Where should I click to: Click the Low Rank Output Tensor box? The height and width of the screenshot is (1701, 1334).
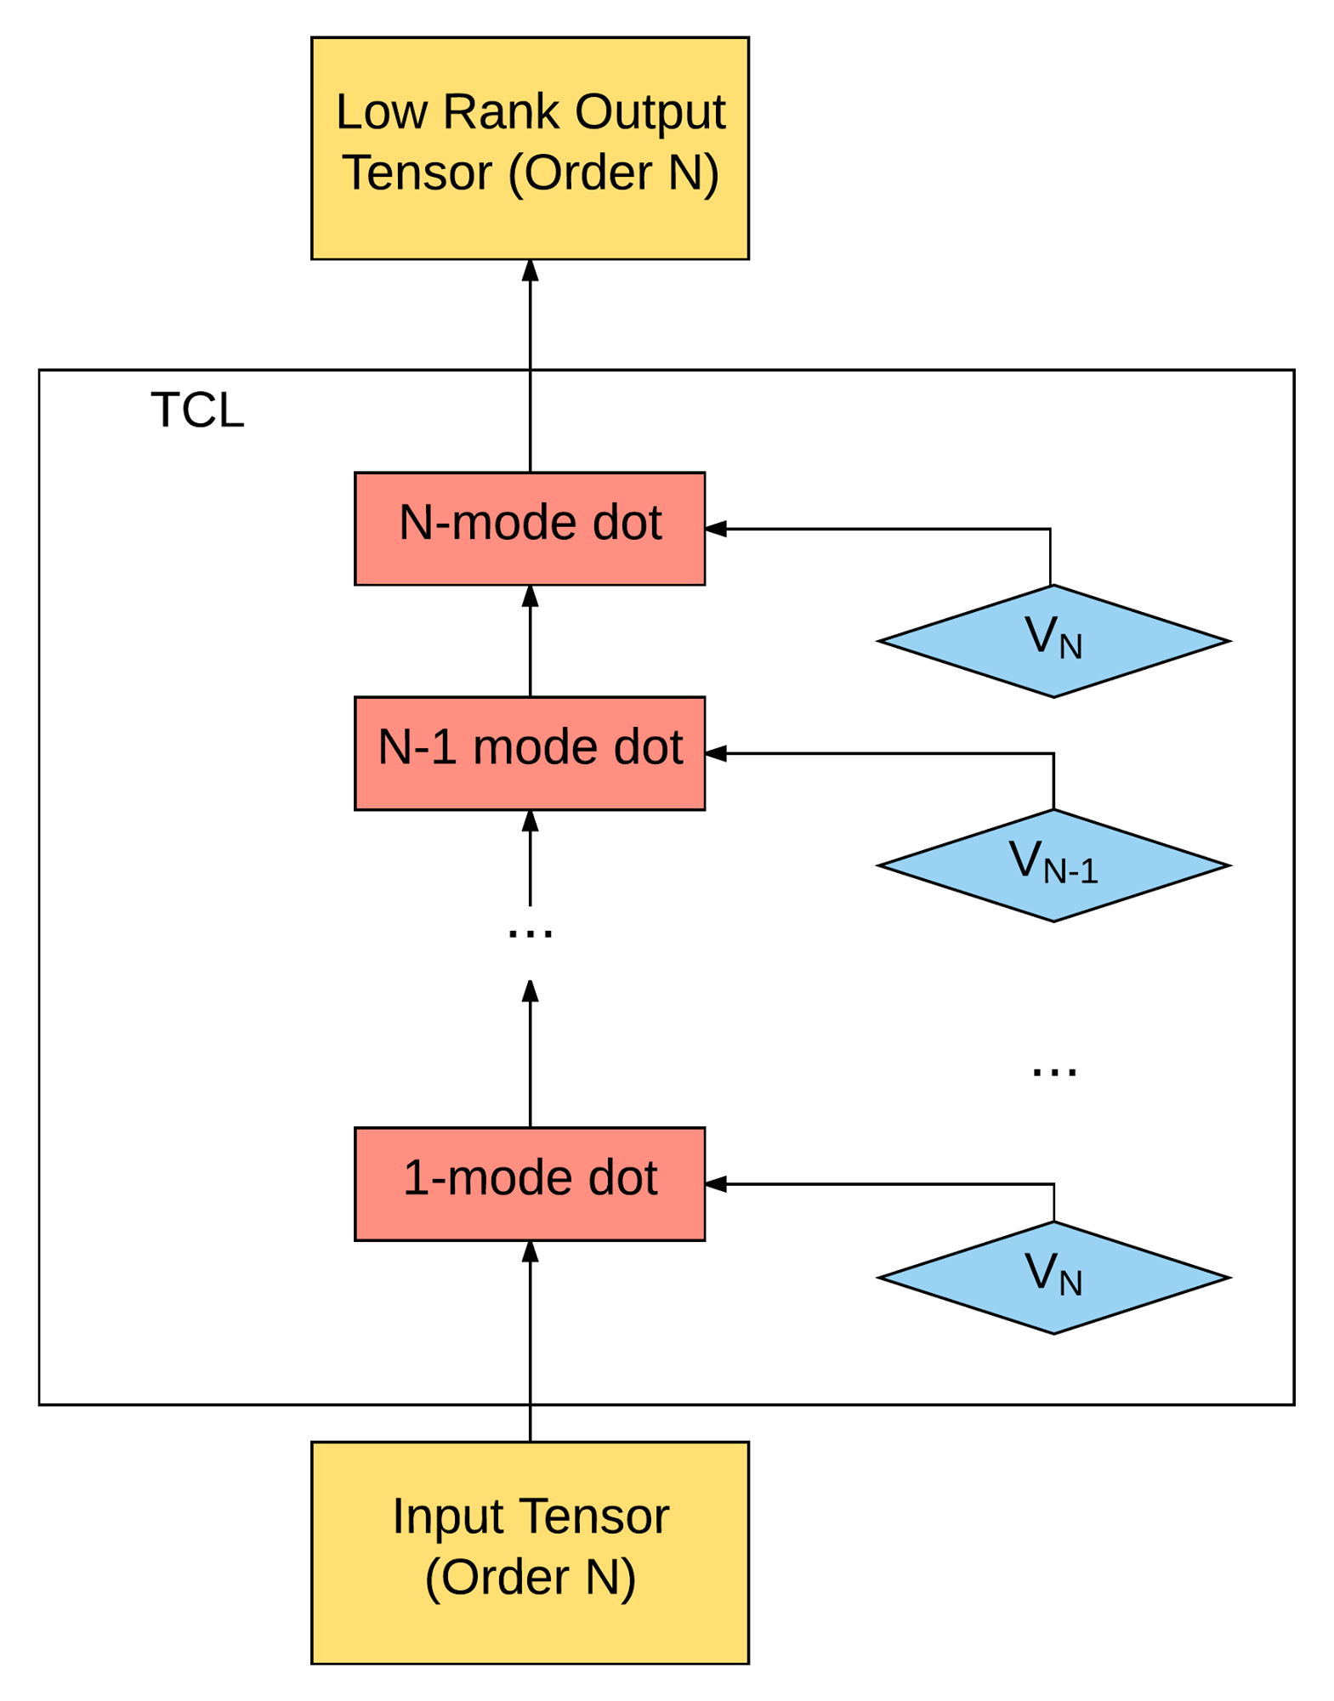tap(530, 148)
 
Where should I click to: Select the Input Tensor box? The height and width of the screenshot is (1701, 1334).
tap(530, 1552)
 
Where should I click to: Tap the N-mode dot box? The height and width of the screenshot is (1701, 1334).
tap(530, 529)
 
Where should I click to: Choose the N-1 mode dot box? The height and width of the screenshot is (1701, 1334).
tap(530, 753)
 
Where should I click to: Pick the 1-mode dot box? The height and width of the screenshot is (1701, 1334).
tap(530, 1184)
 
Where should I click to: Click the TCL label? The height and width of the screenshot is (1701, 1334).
tap(197, 411)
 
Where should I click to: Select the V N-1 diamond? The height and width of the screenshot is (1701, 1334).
tap(1053, 865)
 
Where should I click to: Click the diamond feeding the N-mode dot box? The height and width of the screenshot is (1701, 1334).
tap(1053, 641)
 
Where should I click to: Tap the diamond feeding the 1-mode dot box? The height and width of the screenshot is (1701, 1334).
tap(1053, 1278)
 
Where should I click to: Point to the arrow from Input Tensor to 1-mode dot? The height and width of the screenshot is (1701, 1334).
tap(530, 1341)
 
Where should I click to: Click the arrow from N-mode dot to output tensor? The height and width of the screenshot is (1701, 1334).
tap(530, 366)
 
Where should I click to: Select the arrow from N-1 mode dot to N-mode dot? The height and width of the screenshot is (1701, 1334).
tap(530, 641)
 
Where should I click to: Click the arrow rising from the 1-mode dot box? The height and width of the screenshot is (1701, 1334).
tap(530, 1054)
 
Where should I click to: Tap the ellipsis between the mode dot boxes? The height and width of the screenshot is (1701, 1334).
tap(530, 933)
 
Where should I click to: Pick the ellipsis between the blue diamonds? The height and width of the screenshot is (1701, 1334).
tap(1054, 1072)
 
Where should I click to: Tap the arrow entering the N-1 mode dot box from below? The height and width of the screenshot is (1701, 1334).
tap(530, 859)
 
